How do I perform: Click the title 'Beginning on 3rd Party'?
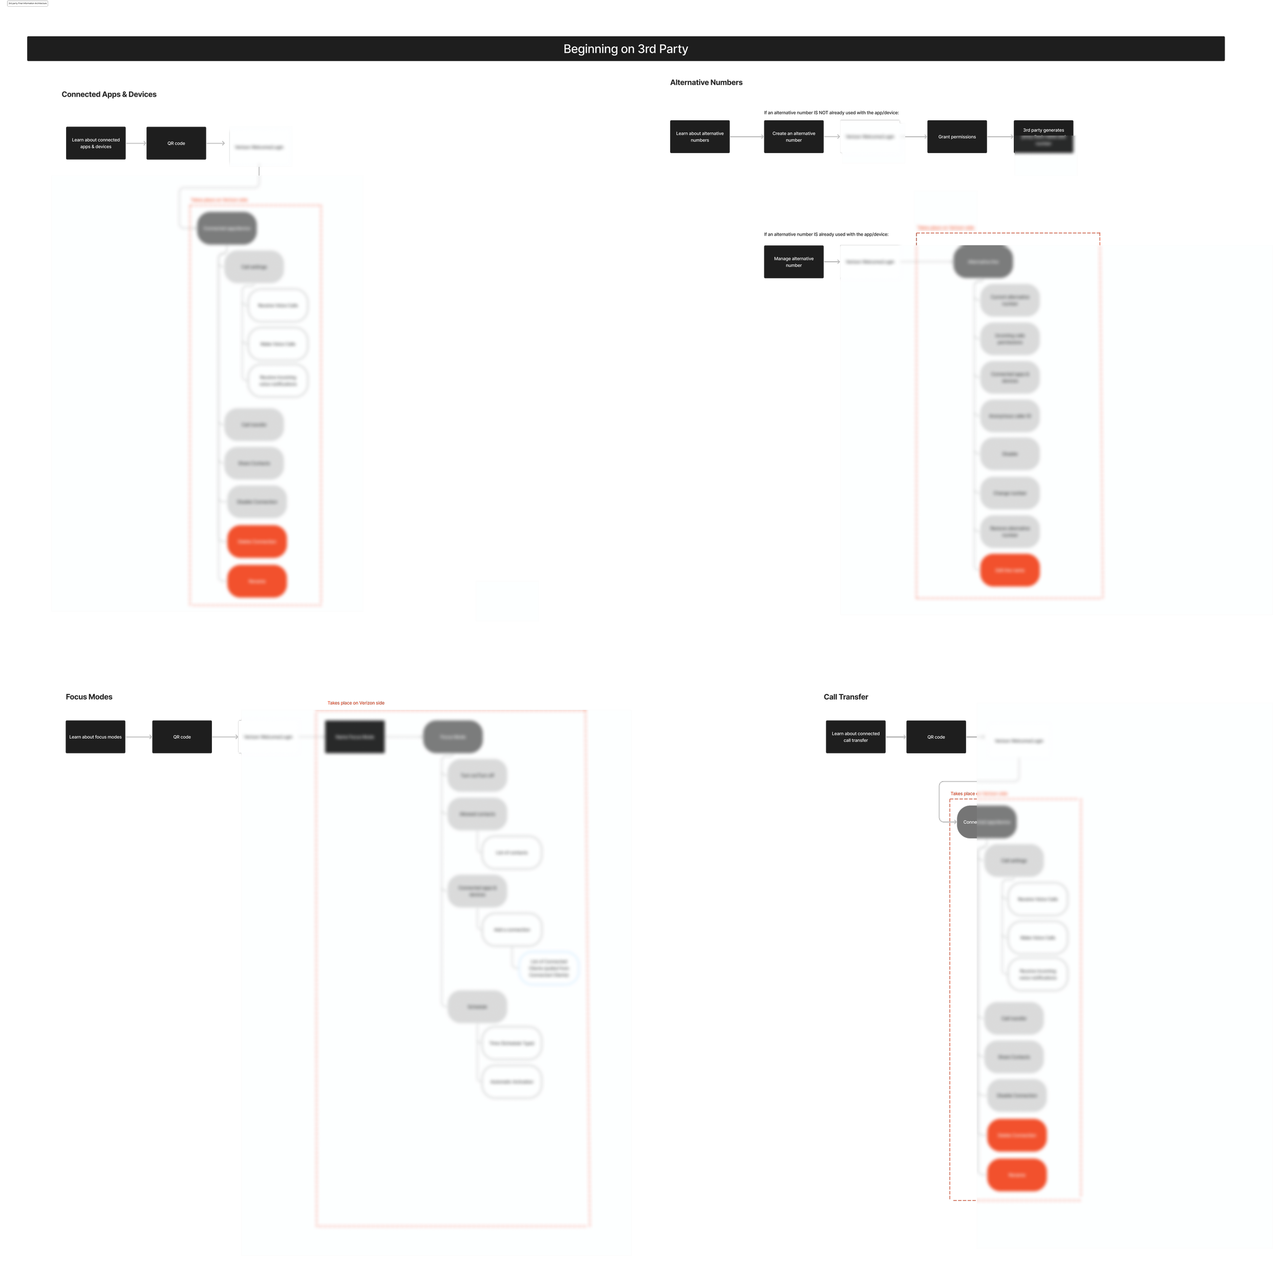click(x=626, y=49)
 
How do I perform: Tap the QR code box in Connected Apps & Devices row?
click(x=176, y=143)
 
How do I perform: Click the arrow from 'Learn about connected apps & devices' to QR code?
click(x=136, y=143)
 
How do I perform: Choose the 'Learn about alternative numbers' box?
click(x=699, y=137)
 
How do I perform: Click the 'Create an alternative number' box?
click(x=794, y=137)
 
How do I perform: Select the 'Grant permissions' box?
click(x=957, y=137)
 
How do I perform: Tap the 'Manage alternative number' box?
click(x=794, y=262)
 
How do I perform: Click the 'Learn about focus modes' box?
click(x=95, y=737)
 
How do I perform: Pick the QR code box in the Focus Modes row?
click(x=182, y=737)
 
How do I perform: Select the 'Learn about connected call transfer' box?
click(x=856, y=737)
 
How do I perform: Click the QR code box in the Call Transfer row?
click(x=935, y=737)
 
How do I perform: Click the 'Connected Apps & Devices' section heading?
click(x=110, y=95)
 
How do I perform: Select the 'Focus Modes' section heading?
click(x=89, y=697)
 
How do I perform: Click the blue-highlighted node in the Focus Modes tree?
click(x=548, y=968)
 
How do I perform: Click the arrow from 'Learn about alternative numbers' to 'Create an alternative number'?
click(x=746, y=137)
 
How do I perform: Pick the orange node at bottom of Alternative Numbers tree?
click(x=1010, y=570)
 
